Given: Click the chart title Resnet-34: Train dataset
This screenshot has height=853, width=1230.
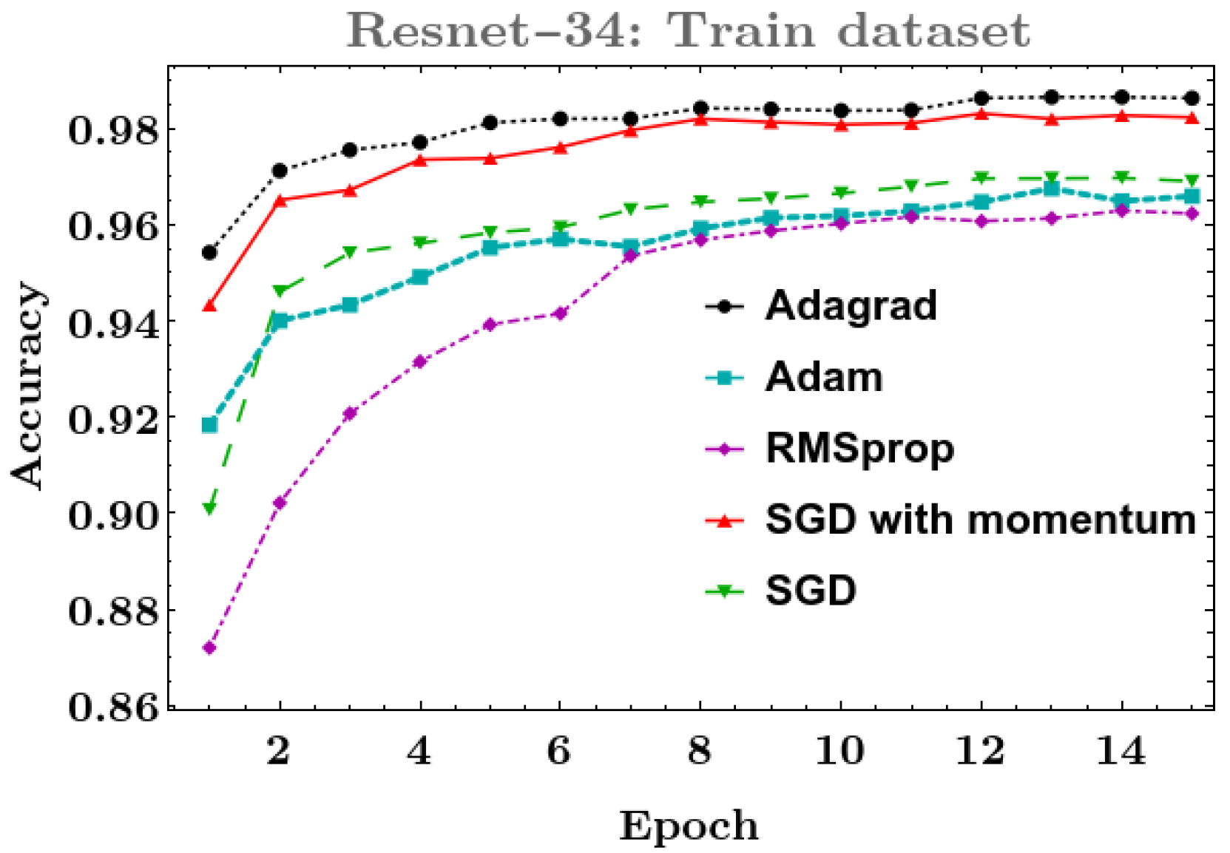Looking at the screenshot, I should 688,31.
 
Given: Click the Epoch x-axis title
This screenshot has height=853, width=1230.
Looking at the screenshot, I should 689,825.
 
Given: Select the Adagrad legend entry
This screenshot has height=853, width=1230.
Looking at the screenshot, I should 851,305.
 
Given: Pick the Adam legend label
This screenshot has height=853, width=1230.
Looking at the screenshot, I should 824,377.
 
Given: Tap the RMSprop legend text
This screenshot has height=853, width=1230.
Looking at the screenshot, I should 859,448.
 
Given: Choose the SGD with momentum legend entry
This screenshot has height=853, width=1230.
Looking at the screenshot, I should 980,520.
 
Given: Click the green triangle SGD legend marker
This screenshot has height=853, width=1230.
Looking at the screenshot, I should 725,591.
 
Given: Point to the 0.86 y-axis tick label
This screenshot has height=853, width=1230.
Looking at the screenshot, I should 113,707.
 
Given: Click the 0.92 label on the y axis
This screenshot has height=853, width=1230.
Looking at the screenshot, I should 113,419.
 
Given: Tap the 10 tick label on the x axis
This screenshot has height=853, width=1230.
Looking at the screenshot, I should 839,751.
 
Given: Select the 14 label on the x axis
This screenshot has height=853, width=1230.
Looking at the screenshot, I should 1121,751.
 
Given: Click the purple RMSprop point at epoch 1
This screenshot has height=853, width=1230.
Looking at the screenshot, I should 209,648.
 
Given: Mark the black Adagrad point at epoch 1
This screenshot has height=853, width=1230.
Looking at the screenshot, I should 209,253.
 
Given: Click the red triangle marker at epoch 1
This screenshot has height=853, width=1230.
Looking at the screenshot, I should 209,305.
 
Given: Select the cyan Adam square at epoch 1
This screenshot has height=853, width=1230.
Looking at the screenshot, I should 209,425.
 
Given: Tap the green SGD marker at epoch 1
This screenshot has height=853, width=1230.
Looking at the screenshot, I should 209,509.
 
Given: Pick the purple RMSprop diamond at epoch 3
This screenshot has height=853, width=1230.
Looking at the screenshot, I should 350,413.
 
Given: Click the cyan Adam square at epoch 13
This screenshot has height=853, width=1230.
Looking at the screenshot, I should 1051,189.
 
